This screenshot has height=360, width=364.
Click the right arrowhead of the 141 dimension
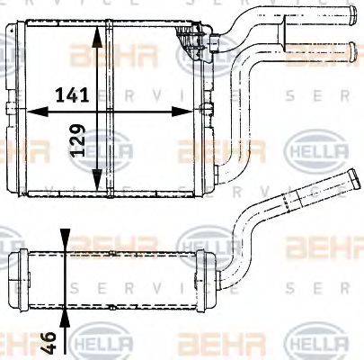coord(188,112)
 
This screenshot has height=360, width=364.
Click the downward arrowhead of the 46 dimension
coord(65,246)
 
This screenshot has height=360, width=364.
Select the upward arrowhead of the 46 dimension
coord(65,315)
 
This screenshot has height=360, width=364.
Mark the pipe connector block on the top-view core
coord(194,40)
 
